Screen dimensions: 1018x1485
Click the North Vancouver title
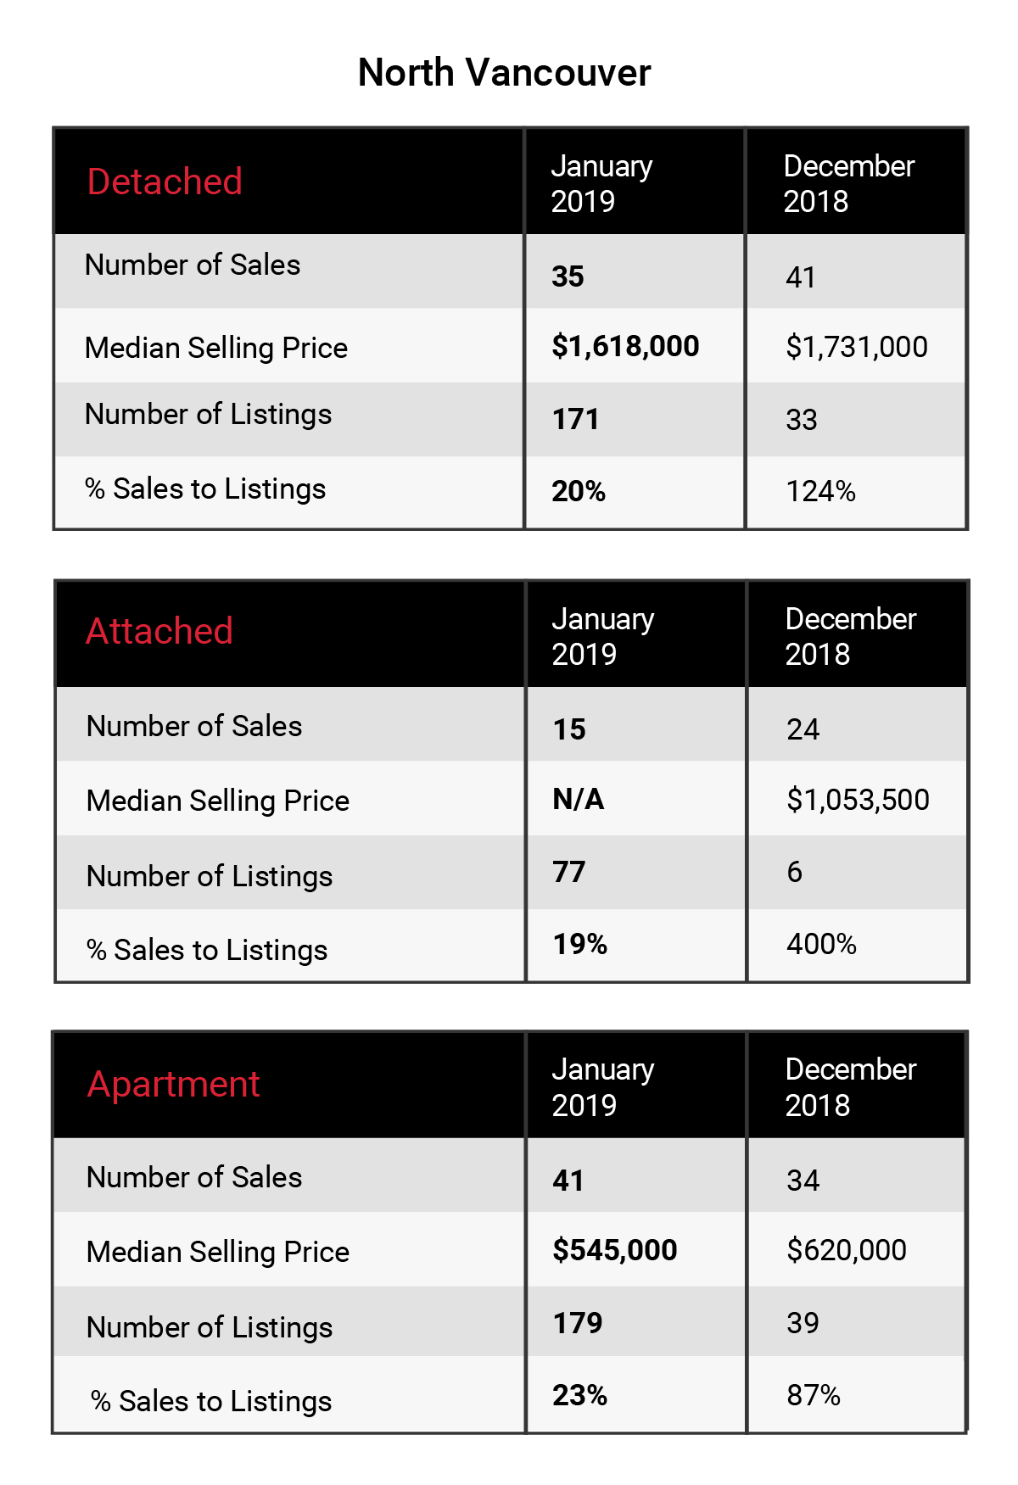pos(504,73)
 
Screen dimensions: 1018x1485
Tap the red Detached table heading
pos(165,181)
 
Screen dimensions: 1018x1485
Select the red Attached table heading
pos(159,631)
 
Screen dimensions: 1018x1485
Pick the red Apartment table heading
pos(173,1086)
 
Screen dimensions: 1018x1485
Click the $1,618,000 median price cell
pos(625,346)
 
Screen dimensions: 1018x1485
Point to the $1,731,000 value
pos(857,347)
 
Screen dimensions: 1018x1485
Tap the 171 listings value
pos(576,419)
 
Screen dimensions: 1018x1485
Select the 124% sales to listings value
pos(820,491)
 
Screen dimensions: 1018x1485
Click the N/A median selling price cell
pos(579,800)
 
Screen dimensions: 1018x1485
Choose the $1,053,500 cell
pos(858,800)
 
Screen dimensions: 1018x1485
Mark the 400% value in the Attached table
pos(821,944)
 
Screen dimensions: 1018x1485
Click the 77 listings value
pos(569,872)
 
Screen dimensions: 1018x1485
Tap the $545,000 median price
pos(615,1250)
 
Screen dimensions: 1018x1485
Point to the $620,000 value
pos(847,1250)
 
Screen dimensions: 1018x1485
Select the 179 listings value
pos(578,1323)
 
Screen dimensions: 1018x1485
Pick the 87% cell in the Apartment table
pos(814,1395)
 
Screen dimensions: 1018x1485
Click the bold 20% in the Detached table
pos(579,491)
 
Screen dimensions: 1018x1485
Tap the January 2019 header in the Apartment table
pos(603,1087)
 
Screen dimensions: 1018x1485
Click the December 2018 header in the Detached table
pos(849,183)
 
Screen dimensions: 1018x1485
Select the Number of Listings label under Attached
pos(210,876)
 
